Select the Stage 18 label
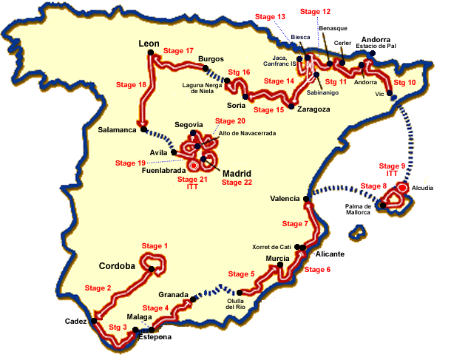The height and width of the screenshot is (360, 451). coord(132,85)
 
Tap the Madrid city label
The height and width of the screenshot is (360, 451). coord(237,174)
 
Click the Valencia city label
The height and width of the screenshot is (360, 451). coord(285,199)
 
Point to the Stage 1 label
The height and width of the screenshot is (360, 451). coord(156,246)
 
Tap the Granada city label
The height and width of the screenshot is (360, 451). coord(173,294)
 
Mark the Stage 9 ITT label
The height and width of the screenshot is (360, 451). coord(392,169)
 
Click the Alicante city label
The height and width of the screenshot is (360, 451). coord(330,254)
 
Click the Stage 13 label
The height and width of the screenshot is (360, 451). coord(270,17)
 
